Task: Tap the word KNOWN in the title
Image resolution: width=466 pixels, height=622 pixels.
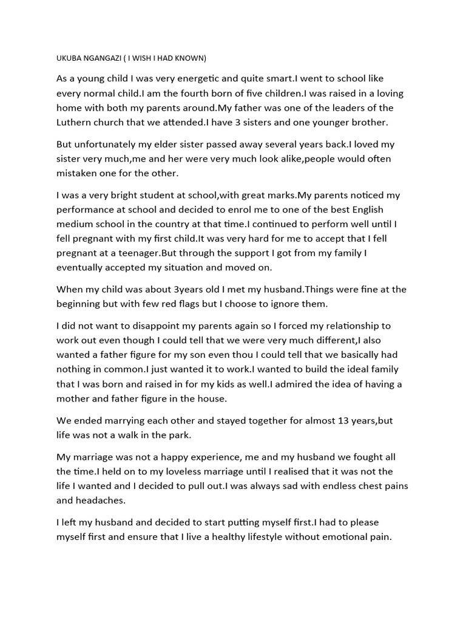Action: coord(191,58)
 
